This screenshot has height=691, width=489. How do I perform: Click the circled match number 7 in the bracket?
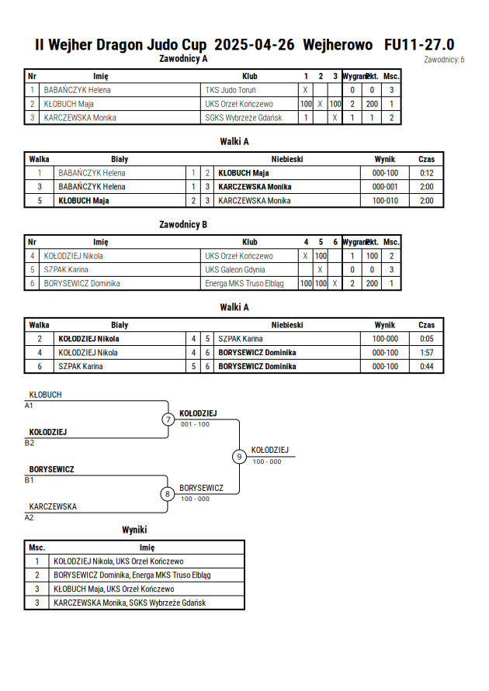[168, 419]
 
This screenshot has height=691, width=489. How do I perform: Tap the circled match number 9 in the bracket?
[239, 457]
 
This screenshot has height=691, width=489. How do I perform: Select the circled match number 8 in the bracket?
[167, 494]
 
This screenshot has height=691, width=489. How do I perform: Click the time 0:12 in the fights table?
[426, 173]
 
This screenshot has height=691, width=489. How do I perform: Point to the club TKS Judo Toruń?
[231, 90]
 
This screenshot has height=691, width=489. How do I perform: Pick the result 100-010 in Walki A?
[385, 201]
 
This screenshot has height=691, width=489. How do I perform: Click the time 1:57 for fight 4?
[426, 353]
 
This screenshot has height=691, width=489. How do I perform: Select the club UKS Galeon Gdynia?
[235, 270]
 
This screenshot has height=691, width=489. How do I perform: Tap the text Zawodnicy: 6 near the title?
[444, 60]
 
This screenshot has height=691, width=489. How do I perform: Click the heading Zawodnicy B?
[183, 225]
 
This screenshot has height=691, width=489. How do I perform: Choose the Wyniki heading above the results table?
[134, 530]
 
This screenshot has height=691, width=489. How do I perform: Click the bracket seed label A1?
[29, 406]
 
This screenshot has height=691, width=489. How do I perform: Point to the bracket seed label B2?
[29, 443]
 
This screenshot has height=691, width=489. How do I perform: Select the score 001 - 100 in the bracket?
[195, 424]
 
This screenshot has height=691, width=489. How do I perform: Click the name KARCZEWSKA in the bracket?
[53, 506]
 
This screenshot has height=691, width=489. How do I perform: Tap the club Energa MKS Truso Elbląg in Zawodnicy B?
[244, 284]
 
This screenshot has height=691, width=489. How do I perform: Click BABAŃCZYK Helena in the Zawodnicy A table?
[77, 90]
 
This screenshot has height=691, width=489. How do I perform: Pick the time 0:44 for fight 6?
[426, 366]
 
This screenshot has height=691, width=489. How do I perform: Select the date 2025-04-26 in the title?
[254, 45]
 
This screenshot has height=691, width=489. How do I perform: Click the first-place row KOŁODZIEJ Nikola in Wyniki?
[119, 561]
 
